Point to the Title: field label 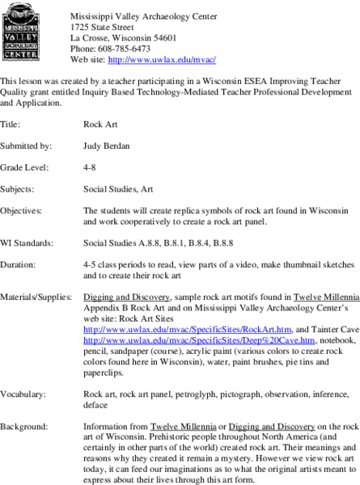[11, 124]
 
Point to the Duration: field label [19, 264]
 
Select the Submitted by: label [27, 145]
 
